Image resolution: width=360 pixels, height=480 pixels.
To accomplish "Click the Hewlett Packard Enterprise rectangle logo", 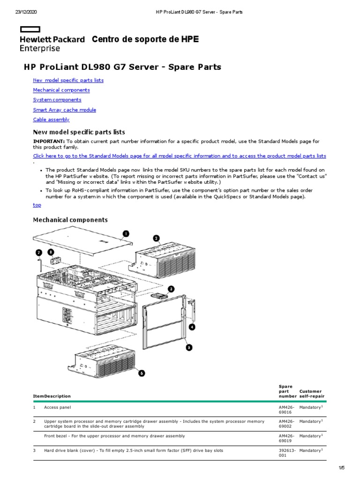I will (x=30, y=29).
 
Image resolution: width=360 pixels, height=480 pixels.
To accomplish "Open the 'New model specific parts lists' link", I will (x=68, y=80).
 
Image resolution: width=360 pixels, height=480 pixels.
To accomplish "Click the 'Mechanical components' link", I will (x=61, y=90).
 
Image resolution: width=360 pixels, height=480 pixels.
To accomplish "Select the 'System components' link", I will (x=57, y=100).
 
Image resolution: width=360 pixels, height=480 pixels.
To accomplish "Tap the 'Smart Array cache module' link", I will (x=64, y=110).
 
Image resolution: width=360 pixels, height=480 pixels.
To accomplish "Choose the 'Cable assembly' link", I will (x=51, y=120).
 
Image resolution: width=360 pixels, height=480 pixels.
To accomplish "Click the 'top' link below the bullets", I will (x=37, y=205).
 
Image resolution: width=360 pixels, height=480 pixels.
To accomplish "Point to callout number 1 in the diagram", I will (x=126, y=233).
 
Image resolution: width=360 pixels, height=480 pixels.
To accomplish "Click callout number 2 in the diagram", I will (x=157, y=238).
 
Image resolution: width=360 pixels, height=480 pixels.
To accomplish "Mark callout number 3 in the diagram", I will (x=171, y=289).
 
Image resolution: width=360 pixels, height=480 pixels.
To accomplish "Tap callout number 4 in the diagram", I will (x=192, y=326).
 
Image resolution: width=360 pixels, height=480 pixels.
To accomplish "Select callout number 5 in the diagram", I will (x=189, y=347).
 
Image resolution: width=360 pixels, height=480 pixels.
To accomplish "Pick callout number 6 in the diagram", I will (x=141, y=373).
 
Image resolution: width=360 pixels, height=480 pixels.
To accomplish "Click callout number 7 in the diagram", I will (x=39, y=252).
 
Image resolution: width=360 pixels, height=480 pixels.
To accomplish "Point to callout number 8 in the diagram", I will (x=51, y=252).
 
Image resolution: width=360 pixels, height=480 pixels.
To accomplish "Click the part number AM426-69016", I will (x=286, y=411).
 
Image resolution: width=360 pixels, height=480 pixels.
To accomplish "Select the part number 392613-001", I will (x=286, y=453).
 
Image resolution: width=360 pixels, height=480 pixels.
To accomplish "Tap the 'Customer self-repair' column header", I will (x=311, y=394).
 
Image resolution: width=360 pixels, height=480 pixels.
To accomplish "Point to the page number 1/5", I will (x=341, y=468).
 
